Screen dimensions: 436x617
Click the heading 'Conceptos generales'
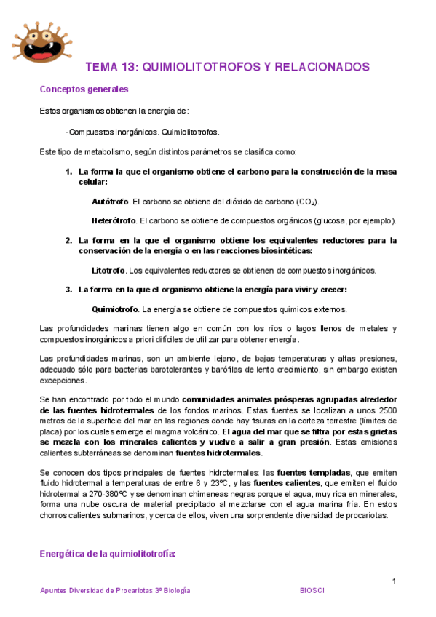[x=84, y=89]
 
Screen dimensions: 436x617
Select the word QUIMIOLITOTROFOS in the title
[x=196, y=67]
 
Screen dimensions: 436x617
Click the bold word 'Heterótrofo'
[x=114, y=220]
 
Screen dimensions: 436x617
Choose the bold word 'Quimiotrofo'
[x=115, y=309]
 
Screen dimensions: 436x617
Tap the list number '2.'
[x=69, y=240]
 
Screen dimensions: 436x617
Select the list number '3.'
[x=69, y=290]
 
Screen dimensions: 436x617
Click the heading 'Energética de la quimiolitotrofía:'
[x=108, y=554]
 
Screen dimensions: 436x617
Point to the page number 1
[x=394, y=581]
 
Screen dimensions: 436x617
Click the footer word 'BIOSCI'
[x=313, y=591]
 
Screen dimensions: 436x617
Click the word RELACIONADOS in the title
[x=320, y=67]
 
